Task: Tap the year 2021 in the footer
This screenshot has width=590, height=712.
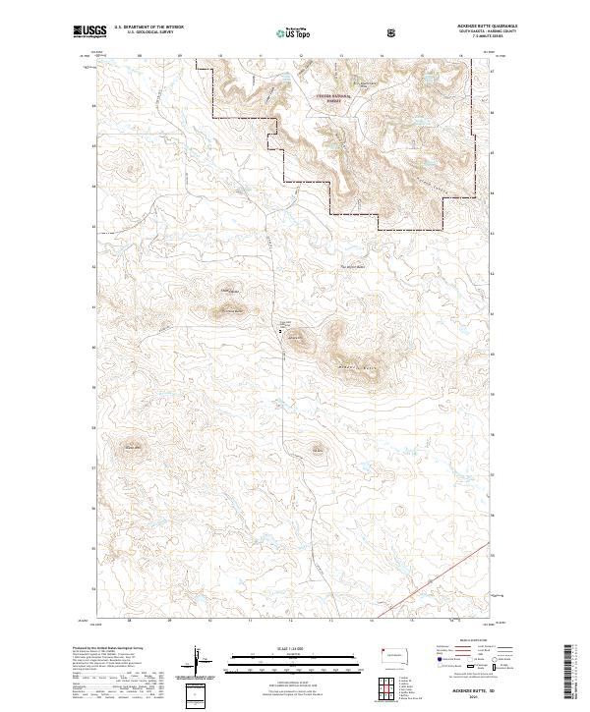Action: pos(463,698)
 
